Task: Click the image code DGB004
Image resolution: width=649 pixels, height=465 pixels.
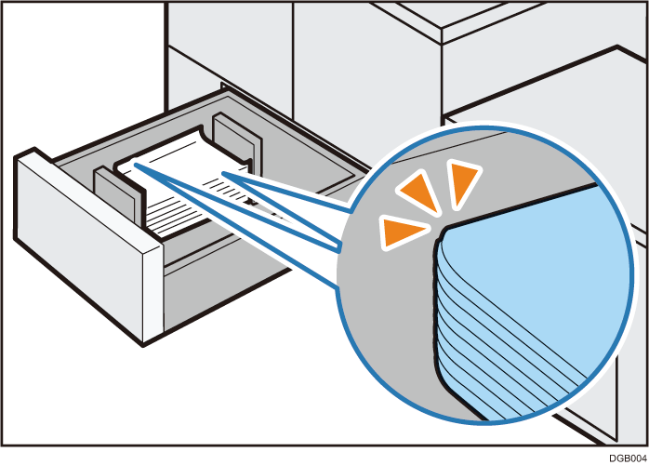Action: pos(628,458)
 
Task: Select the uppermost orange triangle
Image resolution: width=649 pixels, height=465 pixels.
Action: pos(464,182)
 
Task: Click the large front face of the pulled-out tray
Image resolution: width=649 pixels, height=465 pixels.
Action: pos(83,245)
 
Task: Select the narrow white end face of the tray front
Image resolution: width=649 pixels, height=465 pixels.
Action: pos(153,294)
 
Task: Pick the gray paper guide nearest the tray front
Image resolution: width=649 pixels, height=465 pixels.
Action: pos(115,192)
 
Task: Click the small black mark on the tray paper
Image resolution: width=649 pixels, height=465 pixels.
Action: pos(250,202)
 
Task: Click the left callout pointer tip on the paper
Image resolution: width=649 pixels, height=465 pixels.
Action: pos(135,165)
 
